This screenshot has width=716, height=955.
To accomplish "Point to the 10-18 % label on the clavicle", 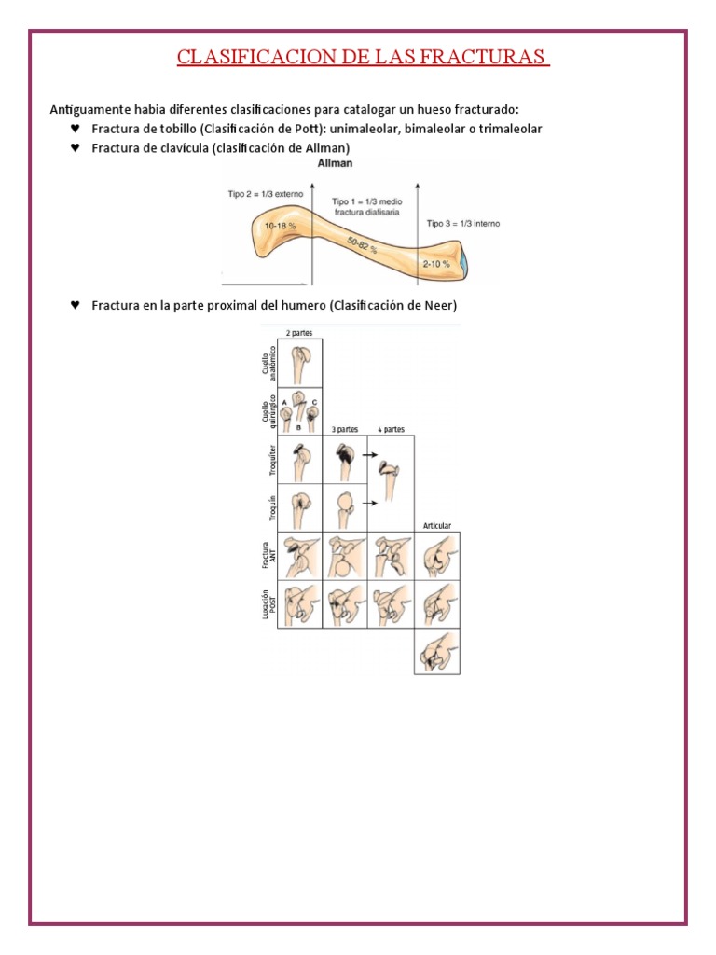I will [279, 226].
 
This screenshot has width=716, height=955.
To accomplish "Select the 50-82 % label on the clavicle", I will [365, 246].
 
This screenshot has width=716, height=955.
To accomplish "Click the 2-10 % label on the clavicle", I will [435, 264].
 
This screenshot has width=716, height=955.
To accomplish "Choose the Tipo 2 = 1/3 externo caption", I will [265, 194].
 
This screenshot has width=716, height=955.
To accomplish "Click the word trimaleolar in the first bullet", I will [508, 128].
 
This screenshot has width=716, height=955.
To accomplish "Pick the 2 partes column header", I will [299, 332].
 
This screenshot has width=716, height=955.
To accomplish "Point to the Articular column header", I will [437, 526].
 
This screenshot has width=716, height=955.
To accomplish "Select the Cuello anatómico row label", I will [268, 362].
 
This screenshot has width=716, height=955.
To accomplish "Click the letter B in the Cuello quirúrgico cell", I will [298, 426].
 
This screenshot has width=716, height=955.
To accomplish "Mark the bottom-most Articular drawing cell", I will [437, 650].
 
